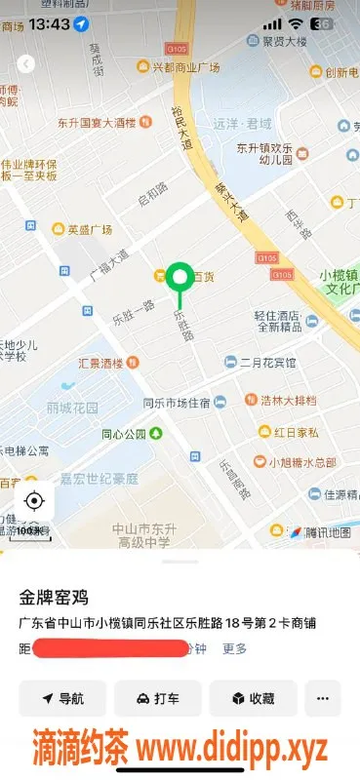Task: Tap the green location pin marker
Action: [x=179, y=277]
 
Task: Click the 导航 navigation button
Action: [x=62, y=698]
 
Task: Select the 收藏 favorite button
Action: [x=253, y=698]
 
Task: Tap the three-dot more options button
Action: [x=323, y=698]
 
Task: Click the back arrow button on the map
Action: [x=25, y=63]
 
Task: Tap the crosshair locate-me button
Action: [x=34, y=501]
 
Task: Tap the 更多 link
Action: [x=234, y=647]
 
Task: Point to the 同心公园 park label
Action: [x=124, y=434]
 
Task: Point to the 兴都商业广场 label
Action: [x=185, y=67]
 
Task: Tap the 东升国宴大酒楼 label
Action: [x=95, y=123]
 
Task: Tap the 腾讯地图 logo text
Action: [x=326, y=531]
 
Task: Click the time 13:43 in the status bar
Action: [x=49, y=22]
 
